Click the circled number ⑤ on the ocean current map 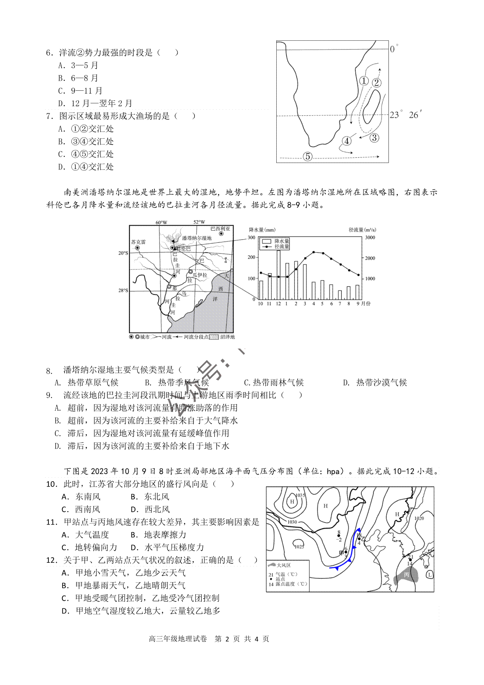coord(307,156)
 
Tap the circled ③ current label coord(374,138)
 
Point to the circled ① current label coord(363,81)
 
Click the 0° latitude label coord(393,49)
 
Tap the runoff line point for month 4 coord(313,252)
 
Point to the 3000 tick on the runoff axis coord(370,238)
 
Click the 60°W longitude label coord(161,222)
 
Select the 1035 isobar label coord(300,495)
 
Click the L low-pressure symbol coord(430,574)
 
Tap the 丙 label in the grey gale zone coord(406,575)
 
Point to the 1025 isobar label coord(299,547)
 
